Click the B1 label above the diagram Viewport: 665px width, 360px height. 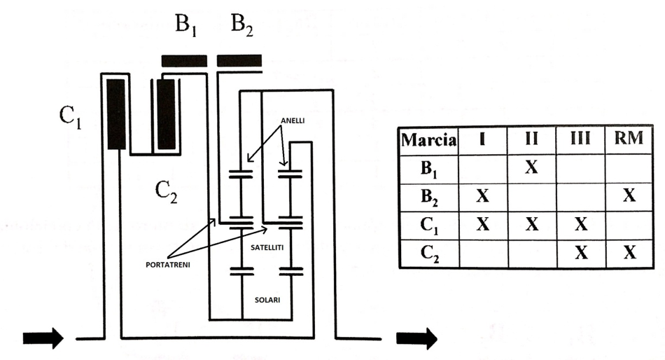[185, 25]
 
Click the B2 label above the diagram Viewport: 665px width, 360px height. [241, 25]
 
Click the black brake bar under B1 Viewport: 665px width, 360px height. [184, 61]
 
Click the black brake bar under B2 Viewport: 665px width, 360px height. [239, 61]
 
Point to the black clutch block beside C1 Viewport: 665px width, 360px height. [116, 113]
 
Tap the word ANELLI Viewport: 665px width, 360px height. [293, 120]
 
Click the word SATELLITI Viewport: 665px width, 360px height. [267, 247]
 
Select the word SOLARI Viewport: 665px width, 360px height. [267, 300]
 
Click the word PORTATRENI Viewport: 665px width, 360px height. [168, 265]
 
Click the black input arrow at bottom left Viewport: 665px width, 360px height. [43, 338]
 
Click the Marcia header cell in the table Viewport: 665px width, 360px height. [428, 140]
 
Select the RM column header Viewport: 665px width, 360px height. [629, 139]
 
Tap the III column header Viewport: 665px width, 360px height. [580, 139]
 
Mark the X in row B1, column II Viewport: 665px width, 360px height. [531, 167]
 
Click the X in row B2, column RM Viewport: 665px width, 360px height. [629, 195]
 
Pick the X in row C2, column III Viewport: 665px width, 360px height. [581, 253]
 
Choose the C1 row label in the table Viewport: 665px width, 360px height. [429, 226]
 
